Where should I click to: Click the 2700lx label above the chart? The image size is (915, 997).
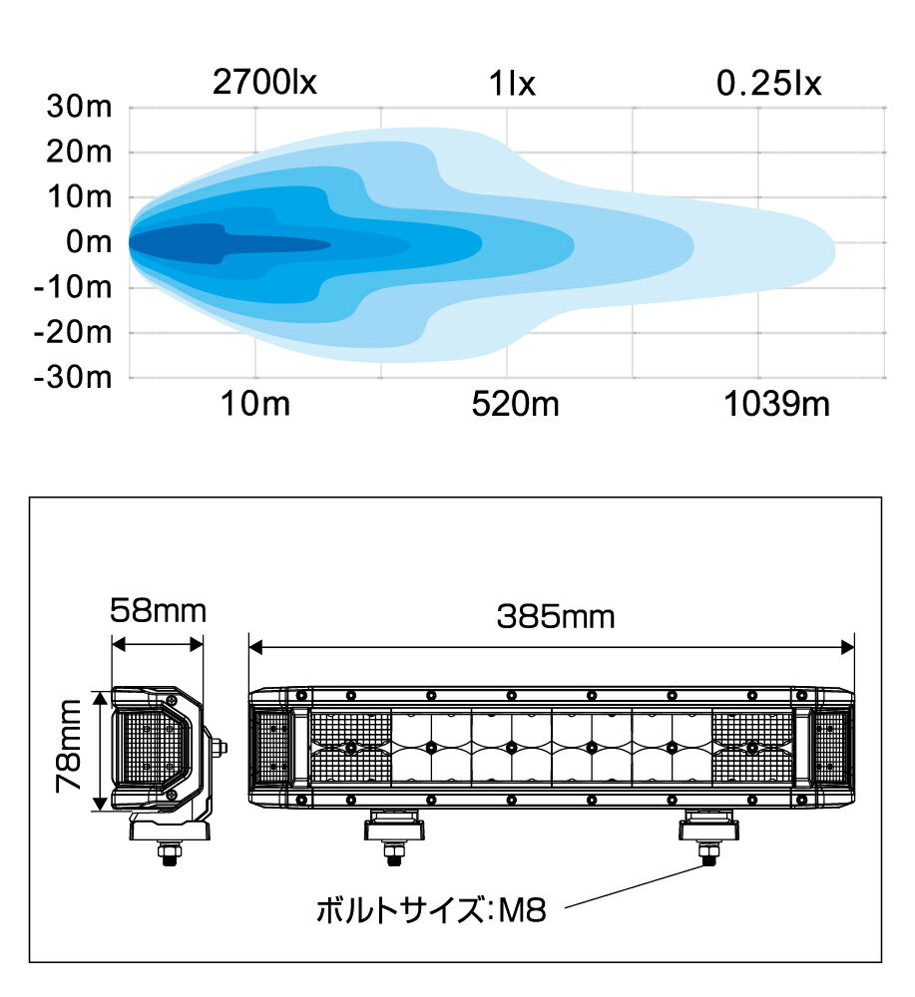264,83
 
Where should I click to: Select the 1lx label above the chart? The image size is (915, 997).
512,84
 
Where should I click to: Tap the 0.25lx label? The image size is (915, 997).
768,84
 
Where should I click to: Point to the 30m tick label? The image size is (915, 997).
79,107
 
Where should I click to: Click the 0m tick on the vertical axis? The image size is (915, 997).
89,242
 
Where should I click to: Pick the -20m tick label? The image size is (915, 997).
73,333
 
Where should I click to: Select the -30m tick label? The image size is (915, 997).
73,378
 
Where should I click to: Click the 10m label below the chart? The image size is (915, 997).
255,404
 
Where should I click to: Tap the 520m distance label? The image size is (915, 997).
515,404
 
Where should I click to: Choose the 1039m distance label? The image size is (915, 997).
777,404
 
